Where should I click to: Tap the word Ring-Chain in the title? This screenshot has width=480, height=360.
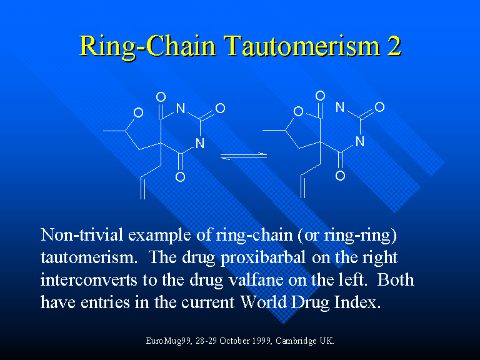pyautogui.click(x=149, y=46)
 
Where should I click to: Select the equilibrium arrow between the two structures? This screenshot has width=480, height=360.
pyautogui.click(x=244, y=156)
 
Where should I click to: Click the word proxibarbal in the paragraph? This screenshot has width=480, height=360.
pyautogui.click(x=263, y=257)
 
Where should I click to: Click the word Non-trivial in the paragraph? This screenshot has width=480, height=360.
pyautogui.click(x=82, y=235)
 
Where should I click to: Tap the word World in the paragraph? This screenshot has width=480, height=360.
pyautogui.click(x=264, y=302)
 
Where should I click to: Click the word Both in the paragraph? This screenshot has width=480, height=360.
pyautogui.click(x=396, y=280)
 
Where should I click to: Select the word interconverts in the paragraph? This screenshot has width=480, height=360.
pyautogui.click(x=89, y=280)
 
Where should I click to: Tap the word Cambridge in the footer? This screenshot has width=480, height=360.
pyautogui.click(x=296, y=341)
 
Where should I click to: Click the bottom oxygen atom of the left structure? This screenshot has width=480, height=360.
pyautogui.click(x=180, y=177)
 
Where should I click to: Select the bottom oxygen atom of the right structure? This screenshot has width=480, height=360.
pyautogui.click(x=340, y=176)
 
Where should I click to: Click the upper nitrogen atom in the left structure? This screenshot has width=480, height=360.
pyautogui.click(x=181, y=108)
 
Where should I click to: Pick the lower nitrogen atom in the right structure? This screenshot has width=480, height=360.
pyautogui.click(x=360, y=141)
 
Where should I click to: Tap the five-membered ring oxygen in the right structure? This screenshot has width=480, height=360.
pyautogui.click(x=298, y=111)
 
